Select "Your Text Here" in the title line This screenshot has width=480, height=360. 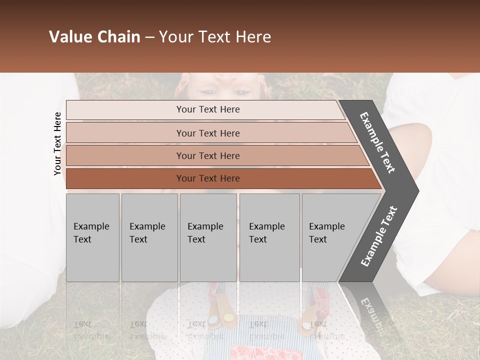pyautogui.click(x=215, y=37)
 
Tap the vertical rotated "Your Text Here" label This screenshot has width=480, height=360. pyautogui.click(x=57, y=143)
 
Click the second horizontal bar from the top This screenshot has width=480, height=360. pyautogui.click(x=207, y=133)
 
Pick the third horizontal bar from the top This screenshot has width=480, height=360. pyautogui.click(x=207, y=155)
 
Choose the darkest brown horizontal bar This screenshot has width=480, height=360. pyautogui.click(x=207, y=178)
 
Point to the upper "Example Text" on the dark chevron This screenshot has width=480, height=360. pyautogui.click(x=377, y=142)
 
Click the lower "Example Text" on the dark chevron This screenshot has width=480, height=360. pyautogui.click(x=378, y=236)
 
